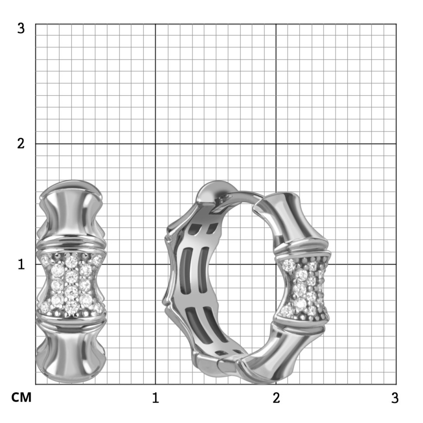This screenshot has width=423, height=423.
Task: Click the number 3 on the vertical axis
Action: pyautogui.click(x=21, y=28)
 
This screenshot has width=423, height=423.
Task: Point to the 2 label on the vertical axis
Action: pyautogui.click(x=21, y=144)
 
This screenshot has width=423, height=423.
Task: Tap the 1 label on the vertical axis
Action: pyautogui.click(x=21, y=264)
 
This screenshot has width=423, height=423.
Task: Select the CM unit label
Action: pyautogui.click(x=21, y=397)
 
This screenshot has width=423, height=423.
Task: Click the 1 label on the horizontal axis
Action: pyautogui.click(x=155, y=398)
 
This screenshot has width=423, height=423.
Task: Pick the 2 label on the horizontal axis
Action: pyautogui.click(x=276, y=398)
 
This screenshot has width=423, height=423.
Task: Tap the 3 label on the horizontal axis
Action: pyautogui.click(x=395, y=398)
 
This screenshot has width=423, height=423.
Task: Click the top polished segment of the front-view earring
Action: pyautogui.click(x=71, y=213)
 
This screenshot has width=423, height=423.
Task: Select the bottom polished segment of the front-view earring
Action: pyautogui.click(x=71, y=351)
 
